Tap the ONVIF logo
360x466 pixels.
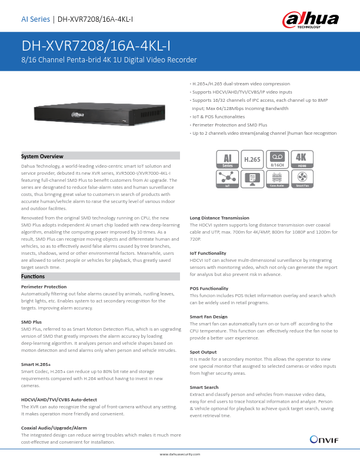[324, 439]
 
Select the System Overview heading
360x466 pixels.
[42, 157]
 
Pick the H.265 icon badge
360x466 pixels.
[252, 160]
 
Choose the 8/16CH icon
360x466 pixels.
[276, 160]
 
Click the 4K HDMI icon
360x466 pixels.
[301, 160]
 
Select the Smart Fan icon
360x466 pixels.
[301, 180]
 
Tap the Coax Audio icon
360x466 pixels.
[276, 180]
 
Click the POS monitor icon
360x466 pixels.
[252, 180]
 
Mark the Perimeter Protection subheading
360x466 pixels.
[44, 287]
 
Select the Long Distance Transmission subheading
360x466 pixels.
[219, 218]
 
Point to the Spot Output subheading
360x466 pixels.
[203, 351]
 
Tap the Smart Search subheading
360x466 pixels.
[204, 387]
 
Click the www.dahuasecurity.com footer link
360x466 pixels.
[180, 454]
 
